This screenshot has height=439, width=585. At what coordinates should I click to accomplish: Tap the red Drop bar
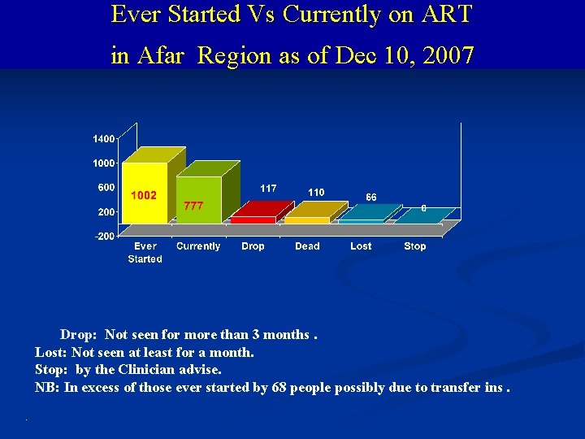click(x=253, y=219)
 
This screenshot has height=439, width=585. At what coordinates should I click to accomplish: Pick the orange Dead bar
click(x=307, y=219)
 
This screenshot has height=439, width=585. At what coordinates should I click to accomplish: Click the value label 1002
click(x=144, y=195)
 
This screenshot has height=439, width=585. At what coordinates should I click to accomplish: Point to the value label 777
click(x=193, y=206)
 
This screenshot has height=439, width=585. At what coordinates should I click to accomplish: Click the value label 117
click(x=268, y=188)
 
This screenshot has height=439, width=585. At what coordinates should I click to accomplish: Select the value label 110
click(x=316, y=192)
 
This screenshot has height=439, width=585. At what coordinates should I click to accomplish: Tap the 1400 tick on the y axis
click(x=103, y=140)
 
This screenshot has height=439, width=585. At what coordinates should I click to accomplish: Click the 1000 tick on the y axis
click(x=103, y=163)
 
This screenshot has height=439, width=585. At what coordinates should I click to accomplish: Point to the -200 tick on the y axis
click(x=104, y=236)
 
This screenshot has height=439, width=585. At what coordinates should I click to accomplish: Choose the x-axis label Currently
click(x=198, y=246)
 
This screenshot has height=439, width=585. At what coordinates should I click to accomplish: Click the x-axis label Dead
click(x=307, y=246)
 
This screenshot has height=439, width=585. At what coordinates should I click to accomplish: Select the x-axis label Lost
click(x=361, y=246)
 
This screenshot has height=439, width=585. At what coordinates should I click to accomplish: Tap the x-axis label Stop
click(x=414, y=246)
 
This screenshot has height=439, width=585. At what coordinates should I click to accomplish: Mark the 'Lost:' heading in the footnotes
click(x=51, y=353)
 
